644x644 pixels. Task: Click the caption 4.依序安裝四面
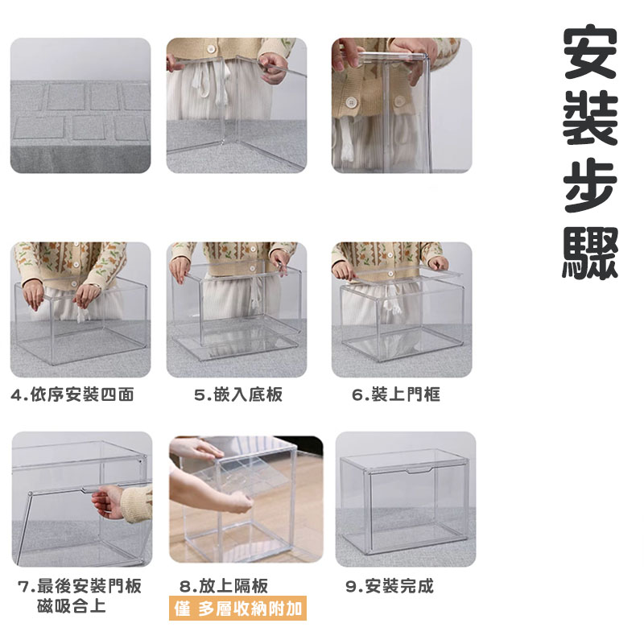pos(72,394)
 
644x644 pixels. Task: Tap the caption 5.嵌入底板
pos(238,394)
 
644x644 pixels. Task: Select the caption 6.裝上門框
pos(396,394)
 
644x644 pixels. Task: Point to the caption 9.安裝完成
pos(390,586)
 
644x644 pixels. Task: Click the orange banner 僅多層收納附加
pos(237,609)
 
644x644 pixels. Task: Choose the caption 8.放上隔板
pos(224,586)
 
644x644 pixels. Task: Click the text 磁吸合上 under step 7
pos(72,606)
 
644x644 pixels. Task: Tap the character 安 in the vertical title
pos(590,52)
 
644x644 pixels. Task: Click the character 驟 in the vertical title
pos(590,253)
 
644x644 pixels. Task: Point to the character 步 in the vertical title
pos(590,186)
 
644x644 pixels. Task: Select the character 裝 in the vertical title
pos(590,119)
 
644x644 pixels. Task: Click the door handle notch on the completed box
pos(419,471)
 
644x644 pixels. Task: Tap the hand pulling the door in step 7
pos(108,502)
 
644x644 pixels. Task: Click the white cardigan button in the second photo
pos(211,49)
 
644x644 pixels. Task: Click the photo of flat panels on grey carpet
pos(80,105)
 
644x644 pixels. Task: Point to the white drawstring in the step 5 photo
pos(254,294)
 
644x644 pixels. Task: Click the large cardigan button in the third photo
pos(351,102)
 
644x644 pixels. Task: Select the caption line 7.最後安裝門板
pos(80,586)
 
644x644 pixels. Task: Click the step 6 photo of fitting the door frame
pos(402,310)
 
